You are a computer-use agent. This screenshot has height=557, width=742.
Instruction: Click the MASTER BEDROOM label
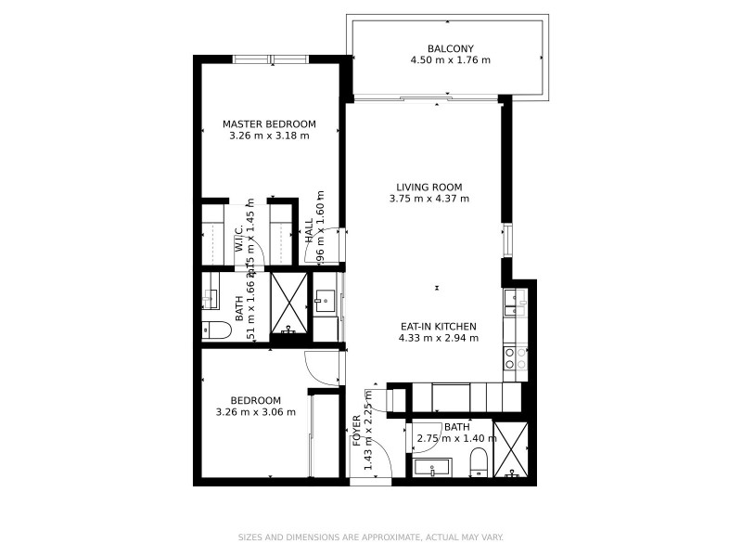point(269,123)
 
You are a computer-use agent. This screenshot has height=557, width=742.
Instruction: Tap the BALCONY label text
point(450,48)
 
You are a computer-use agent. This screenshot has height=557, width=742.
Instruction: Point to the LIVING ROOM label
point(428,187)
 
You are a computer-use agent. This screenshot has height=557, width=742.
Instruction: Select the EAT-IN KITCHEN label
point(439,326)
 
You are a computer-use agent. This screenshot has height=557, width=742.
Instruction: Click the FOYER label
point(356,432)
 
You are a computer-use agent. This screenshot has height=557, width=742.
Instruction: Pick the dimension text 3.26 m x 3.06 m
point(255,412)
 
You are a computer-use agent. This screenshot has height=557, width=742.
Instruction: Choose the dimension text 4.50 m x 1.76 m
point(450,60)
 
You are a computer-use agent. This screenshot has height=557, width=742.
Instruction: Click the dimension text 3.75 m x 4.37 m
point(428,199)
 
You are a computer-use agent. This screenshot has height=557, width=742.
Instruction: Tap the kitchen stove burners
point(514,358)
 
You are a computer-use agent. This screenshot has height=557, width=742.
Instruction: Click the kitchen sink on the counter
point(514,299)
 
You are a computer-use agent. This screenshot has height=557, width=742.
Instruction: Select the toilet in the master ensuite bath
point(215,329)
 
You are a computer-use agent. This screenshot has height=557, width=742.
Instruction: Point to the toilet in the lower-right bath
point(479,462)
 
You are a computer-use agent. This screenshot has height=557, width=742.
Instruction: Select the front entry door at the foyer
point(370,482)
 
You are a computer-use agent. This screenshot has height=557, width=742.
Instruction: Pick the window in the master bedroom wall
point(270,59)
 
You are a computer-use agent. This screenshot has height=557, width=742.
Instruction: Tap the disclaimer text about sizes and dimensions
point(371,537)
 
